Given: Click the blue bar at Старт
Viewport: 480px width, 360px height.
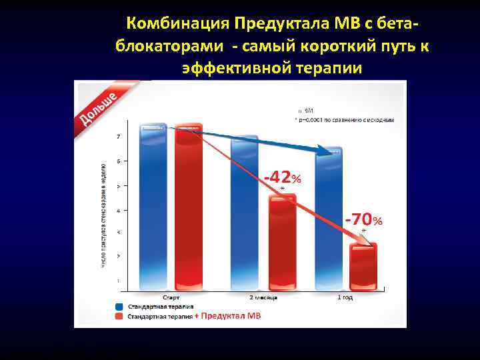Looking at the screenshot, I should coord(154,207).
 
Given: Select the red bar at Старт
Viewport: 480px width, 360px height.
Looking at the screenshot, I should coord(188,207).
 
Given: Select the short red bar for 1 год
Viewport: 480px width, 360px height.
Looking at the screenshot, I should coord(363,267).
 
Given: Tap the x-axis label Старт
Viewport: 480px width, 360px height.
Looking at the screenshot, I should coord(171,297).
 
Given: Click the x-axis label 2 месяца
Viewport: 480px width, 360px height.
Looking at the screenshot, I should coord(263,297).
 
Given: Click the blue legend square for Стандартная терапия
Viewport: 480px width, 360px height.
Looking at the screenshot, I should coord(121,307).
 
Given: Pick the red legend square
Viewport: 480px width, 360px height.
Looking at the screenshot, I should coord(121,316).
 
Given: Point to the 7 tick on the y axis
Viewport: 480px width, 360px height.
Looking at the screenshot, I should coord(119,137).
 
